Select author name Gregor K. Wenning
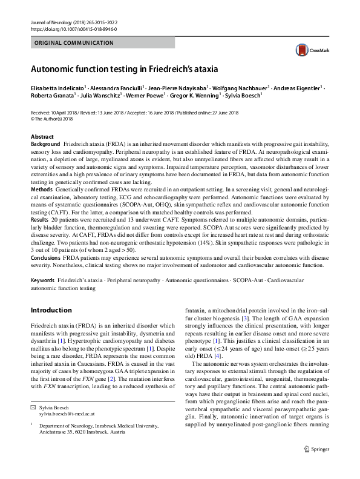(195, 96)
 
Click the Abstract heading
(42, 137)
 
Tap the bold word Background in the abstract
(45, 144)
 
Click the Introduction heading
(51, 311)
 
